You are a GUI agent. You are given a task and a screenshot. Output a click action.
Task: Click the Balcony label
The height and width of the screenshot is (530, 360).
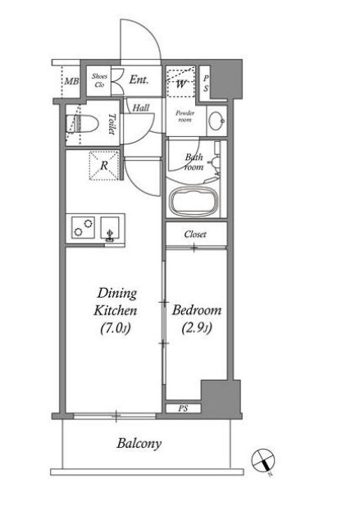point(139,443)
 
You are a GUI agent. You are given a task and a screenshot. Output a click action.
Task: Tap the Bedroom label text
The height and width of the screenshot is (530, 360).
point(197,310)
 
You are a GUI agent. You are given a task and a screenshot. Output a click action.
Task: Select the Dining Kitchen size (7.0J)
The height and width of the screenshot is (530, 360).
point(116,328)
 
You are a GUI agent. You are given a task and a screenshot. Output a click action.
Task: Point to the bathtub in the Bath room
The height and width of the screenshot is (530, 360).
point(194,201)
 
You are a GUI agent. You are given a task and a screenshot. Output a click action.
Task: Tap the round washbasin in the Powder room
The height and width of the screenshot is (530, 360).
point(216,120)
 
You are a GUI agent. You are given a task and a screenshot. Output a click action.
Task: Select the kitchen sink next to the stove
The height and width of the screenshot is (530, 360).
point(110,229)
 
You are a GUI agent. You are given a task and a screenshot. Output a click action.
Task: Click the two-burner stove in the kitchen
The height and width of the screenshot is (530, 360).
point(83,227)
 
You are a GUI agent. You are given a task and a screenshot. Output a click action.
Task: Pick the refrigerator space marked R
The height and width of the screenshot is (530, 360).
point(104,166)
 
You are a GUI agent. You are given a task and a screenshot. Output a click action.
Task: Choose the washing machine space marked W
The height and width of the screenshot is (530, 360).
point(181,82)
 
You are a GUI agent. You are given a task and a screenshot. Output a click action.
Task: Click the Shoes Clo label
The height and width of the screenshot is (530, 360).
point(99,80)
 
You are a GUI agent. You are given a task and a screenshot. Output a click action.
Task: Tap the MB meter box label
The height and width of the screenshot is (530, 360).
point(72,81)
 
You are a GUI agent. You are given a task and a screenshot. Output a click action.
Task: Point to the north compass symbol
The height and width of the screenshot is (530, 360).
point(263,461)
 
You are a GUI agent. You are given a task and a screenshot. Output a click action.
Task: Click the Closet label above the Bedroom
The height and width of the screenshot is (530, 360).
point(195,234)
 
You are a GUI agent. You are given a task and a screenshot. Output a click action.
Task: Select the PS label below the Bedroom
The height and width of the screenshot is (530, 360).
point(183,409)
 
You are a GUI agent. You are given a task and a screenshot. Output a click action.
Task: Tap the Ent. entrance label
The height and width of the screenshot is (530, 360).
point(139,80)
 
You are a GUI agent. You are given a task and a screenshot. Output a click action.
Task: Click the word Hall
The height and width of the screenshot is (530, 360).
point(141,107)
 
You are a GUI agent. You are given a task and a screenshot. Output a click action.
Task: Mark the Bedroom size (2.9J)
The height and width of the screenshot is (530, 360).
point(197,328)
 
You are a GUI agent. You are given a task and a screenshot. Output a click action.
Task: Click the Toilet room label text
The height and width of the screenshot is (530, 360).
point(112,124)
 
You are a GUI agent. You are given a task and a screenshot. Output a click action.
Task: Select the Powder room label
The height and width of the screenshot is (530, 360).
point(185,116)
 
